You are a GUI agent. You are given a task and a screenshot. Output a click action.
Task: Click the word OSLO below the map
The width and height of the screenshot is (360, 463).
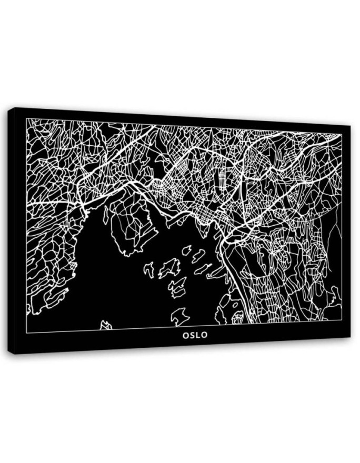195,334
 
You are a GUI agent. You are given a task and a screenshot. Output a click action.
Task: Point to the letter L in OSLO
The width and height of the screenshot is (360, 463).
198,334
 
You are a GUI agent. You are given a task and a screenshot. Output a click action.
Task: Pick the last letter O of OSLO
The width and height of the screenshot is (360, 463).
205,334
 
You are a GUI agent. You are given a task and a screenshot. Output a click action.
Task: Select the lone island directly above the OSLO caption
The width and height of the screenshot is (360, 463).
179,316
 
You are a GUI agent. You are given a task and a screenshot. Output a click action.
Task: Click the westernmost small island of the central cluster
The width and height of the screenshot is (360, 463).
149,270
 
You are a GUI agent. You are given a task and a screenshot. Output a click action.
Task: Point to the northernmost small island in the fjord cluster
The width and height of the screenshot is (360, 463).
186,250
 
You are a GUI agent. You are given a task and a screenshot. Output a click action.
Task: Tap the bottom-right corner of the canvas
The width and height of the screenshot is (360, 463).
350,337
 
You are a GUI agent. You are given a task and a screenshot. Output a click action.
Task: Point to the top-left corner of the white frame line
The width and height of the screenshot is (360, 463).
27,119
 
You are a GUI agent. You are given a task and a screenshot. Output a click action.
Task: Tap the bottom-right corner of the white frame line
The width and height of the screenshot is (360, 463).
342,320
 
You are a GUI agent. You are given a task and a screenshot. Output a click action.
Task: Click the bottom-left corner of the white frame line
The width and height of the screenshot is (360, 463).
27,333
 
